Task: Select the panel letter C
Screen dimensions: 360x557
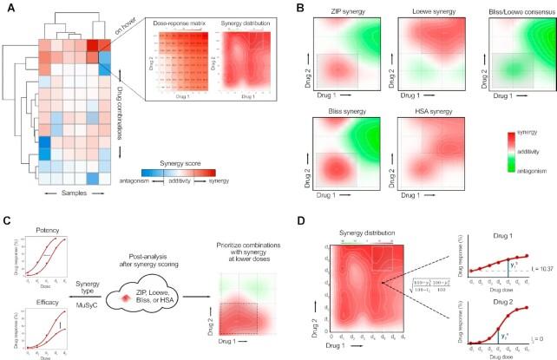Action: tap(7, 223)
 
